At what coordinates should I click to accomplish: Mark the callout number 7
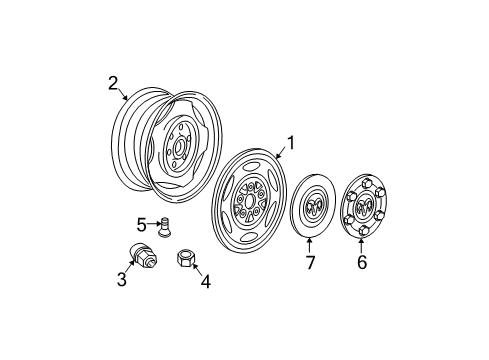[309, 265]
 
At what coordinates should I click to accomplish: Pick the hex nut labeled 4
[185, 258]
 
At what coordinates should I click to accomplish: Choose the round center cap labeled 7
[312, 210]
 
